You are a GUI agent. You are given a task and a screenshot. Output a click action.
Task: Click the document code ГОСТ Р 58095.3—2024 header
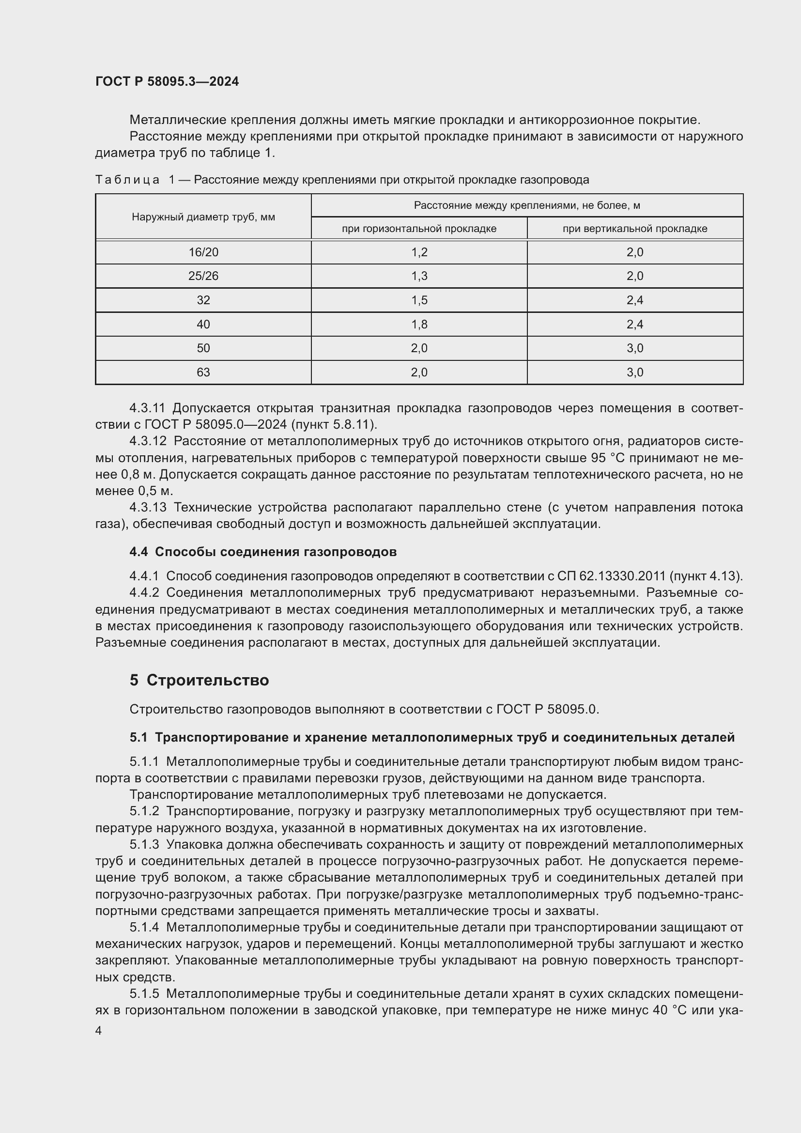(167, 81)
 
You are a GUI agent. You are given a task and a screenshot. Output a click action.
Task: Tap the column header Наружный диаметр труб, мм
(203, 217)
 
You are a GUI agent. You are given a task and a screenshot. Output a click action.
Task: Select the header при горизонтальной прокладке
(419, 229)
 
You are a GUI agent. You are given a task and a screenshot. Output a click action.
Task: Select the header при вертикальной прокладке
(635, 229)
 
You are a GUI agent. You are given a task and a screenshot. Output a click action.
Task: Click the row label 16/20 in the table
(203, 252)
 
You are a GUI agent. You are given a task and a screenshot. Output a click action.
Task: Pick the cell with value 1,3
(419, 276)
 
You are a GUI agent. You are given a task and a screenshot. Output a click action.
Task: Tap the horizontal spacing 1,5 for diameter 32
(419, 300)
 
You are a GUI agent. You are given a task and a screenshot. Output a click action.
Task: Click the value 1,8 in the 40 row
(419, 324)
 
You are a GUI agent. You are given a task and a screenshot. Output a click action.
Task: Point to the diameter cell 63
(203, 372)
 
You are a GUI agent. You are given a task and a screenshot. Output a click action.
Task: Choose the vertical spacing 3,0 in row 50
(635, 348)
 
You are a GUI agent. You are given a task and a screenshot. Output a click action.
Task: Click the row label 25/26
(203, 276)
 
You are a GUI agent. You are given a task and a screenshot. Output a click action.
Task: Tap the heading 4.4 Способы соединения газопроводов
(263, 552)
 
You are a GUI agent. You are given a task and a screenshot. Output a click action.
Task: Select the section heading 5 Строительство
(199, 680)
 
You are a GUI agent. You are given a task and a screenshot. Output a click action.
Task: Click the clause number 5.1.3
(144, 844)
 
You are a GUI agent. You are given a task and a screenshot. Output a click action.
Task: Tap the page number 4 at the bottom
(99, 1030)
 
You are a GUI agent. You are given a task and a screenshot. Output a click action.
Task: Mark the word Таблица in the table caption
(127, 180)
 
